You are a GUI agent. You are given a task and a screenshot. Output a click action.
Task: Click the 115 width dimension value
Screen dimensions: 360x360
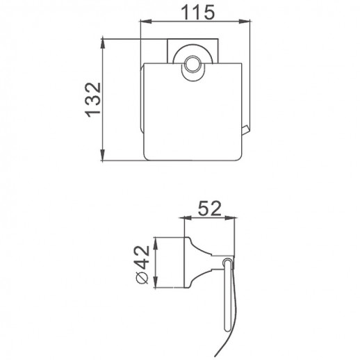[198, 12]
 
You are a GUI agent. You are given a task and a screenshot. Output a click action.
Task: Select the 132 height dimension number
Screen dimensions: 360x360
[93, 100]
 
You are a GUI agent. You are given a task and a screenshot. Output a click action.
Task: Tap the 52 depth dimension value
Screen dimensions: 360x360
[210, 208]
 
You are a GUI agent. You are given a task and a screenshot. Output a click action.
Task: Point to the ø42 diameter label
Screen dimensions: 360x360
[142, 264]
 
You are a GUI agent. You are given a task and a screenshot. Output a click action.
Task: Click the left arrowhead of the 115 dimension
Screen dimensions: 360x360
[145, 22]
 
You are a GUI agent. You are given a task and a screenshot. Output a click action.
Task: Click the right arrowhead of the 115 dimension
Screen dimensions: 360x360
[245, 22]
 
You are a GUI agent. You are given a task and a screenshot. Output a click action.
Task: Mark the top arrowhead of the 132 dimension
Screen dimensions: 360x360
[103, 44]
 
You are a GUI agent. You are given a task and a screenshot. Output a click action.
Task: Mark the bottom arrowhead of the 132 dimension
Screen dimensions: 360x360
[103, 155]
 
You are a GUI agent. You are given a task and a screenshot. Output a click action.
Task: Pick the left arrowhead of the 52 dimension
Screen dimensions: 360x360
[186, 218]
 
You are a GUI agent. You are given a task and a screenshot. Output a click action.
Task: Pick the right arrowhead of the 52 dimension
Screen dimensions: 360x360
[229, 218]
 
